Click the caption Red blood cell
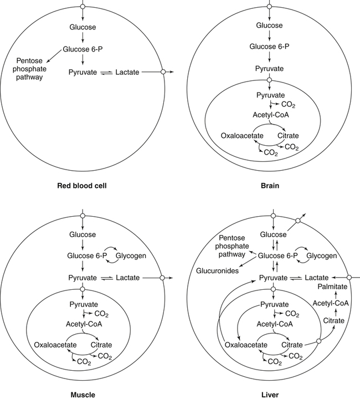pos(82,185)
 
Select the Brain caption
pos(271,185)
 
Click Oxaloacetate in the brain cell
pos(240,135)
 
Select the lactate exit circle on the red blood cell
pos(163,72)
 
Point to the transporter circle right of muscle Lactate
pos(162,277)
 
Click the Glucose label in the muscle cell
pos(82,235)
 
